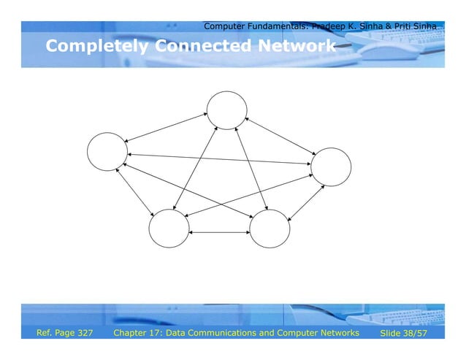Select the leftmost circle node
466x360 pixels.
pos(107,152)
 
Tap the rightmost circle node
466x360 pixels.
pos(331,167)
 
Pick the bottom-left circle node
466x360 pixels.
pos(169,228)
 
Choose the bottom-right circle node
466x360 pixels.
pos(270,228)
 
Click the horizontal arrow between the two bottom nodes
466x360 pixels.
pos(219,232)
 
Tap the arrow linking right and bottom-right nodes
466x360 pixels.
pos(304,201)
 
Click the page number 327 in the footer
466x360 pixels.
pos(84,333)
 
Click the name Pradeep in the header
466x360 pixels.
pos(329,27)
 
